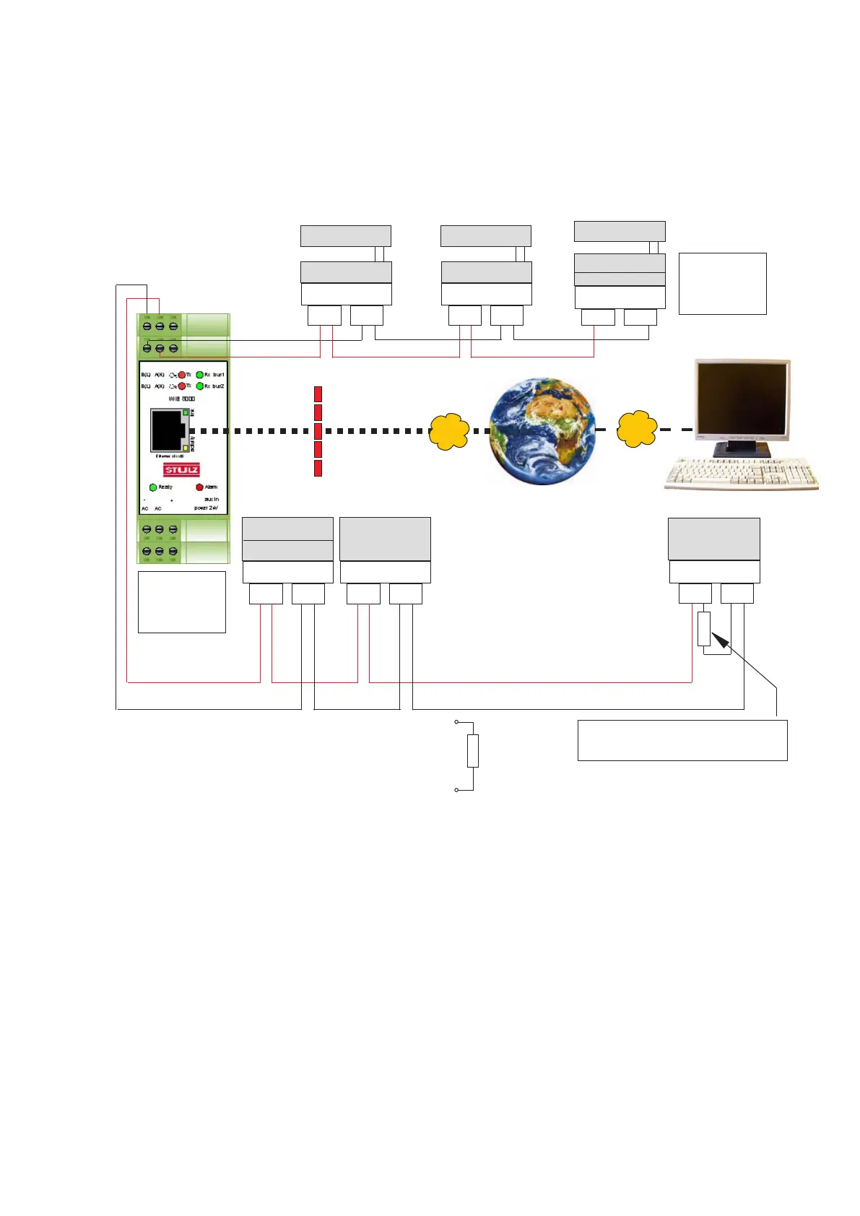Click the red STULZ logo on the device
pos(181,470)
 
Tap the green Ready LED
pos(153,487)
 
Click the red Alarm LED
pos(200,487)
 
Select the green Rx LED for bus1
pos(200,375)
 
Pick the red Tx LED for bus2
pos(182,386)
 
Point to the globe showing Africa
pos(542,430)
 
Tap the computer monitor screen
pos(742,399)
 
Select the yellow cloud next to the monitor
pos(637,429)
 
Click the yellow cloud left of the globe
pos(449,431)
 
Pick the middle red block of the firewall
pos(318,431)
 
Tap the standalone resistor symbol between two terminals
pos(473,751)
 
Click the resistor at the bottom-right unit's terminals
pos(704,628)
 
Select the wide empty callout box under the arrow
pos(682,740)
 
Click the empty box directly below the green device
pos(181,602)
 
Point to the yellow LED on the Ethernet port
pos(186,448)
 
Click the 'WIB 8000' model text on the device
pos(182,399)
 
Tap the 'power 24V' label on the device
pos(206,508)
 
